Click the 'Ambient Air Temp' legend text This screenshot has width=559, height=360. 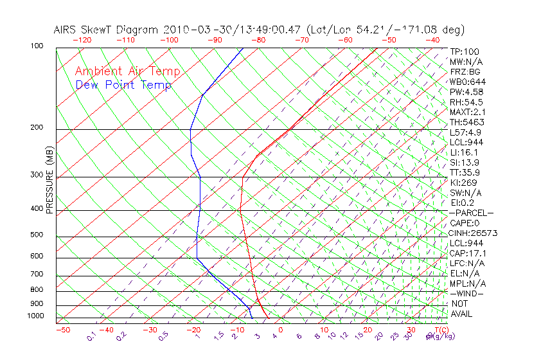coord(127,71)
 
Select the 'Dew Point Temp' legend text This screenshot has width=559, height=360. coord(123,85)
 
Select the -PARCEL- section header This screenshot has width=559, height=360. coord(471,213)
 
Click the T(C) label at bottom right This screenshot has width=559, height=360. coord(439,330)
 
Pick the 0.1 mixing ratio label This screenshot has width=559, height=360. coord(91,337)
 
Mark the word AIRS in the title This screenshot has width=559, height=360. coord(66,30)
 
